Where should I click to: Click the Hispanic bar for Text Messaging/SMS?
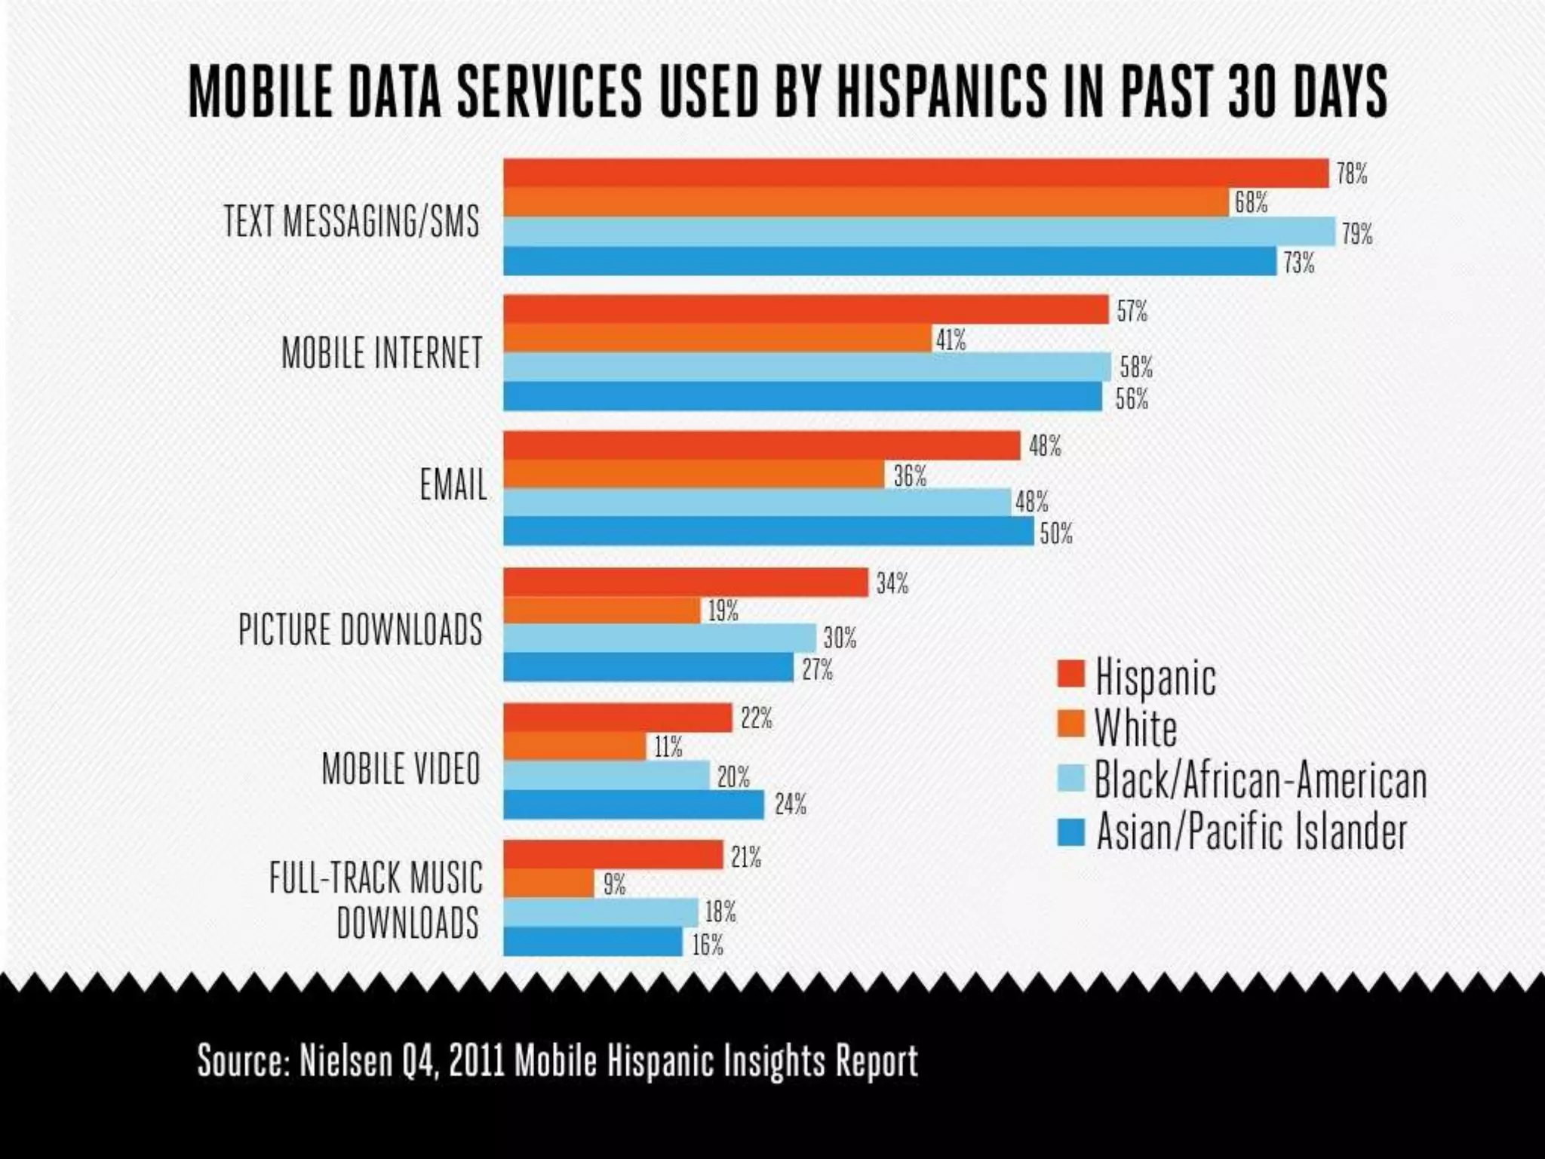tap(915, 173)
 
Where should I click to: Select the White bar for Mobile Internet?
tap(717, 339)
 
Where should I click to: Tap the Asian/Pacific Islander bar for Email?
tap(768, 531)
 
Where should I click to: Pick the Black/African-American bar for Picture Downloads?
tap(659, 638)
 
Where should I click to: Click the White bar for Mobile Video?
tap(575, 746)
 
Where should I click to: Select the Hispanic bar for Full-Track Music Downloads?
tap(613, 855)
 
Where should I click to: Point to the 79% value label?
tap(1356, 233)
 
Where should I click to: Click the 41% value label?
tap(951, 340)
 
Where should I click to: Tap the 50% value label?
tap(1056, 533)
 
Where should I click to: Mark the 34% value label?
tap(892, 583)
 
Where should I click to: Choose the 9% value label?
tap(614, 884)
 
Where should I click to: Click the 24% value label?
tap(790, 805)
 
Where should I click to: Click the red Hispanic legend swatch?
tap(1070, 674)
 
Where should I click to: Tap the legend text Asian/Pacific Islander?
tap(1252, 832)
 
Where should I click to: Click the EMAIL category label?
tap(453, 484)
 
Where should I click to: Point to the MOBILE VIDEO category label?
tap(401, 769)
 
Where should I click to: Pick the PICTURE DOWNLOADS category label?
tap(360, 629)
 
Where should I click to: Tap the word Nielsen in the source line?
tap(346, 1061)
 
